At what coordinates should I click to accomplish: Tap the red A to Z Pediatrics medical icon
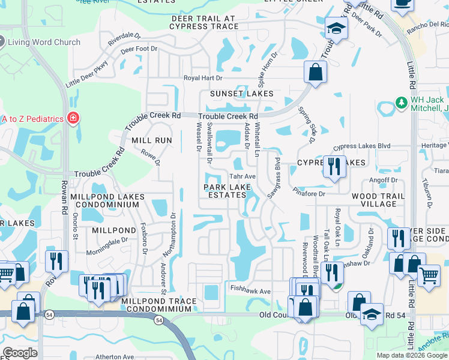(x=73, y=119)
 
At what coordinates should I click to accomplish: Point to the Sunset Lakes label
(x=241, y=94)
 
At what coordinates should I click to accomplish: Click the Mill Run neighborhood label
(x=152, y=140)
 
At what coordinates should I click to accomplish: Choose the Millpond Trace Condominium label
(x=158, y=305)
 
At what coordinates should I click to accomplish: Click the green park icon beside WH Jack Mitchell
(x=402, y=104)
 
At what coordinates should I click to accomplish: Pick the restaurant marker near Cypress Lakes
(x=334, y=166)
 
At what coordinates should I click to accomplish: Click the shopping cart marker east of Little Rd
(x=429, y=276)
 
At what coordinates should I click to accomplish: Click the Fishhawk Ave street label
(x=251, y=290)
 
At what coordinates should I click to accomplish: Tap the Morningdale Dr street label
(x=109, y=241)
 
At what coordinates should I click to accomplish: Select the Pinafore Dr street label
(x=309, y=194)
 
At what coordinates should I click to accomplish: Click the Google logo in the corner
(x=20, y=353)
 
